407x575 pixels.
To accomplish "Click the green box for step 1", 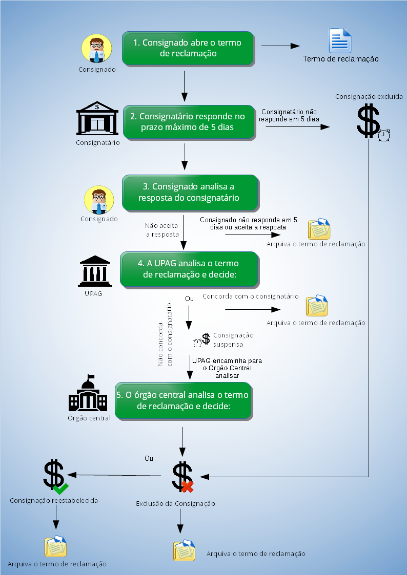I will (188, 48).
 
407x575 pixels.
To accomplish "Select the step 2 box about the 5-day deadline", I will (188, 122).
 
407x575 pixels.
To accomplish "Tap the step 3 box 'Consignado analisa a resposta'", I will (189, 193).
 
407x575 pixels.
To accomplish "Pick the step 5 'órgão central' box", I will (182, 400).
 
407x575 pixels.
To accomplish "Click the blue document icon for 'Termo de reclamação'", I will (340, 41).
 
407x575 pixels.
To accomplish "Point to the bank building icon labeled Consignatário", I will (97, 119).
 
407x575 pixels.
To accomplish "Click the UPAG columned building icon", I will (95, 272).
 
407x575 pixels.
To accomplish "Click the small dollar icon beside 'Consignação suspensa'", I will (206, 338).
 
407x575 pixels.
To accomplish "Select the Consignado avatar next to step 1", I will (97, 49).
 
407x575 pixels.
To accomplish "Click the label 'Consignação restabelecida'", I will (54, 500).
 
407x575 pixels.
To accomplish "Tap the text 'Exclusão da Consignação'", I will (175, 504).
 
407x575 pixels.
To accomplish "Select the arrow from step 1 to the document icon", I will (280, 46).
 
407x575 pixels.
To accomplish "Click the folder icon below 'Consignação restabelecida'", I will (55, 546).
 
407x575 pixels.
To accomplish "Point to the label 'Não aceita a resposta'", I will (161, 229).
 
